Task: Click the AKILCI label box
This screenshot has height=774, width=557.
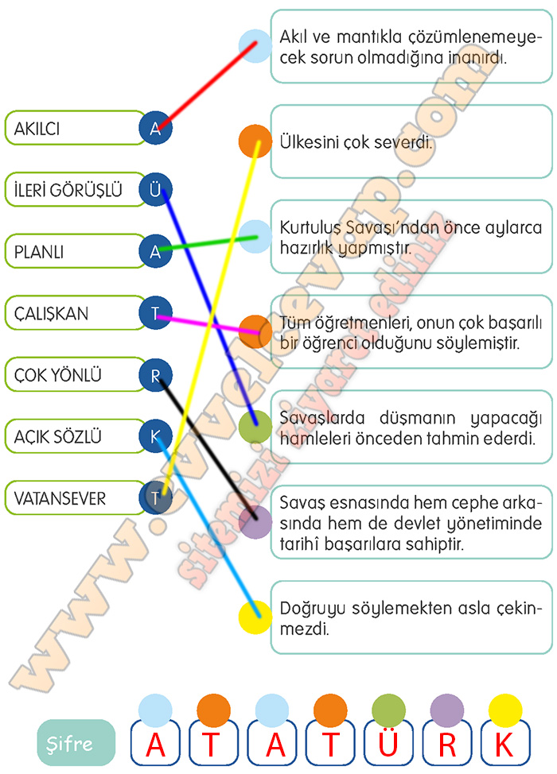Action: click(x=72, y=128)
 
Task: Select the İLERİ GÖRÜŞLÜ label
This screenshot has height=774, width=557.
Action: click(x=72, y=190)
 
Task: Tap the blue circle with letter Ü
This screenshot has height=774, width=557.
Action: click(x=155, y=189)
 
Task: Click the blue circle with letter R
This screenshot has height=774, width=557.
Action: click(x=155, y=375)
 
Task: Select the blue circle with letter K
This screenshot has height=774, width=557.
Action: click(x=155, y=436)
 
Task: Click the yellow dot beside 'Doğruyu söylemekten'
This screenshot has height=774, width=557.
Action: click(x=255, y=617)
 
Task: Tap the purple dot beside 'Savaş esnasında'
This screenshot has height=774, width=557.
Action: click(x=255, y=522)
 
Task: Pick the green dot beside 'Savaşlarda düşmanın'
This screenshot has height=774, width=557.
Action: click(x=255, y=427)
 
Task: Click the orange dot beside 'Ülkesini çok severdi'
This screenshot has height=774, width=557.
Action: click(x=255, y=140)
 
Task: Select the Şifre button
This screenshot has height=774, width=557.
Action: click(x=76, y=745)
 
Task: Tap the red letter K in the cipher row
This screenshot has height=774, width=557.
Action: click(x=504, y=746)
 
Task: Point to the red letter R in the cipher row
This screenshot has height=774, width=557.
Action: click(x=446, y=746)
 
